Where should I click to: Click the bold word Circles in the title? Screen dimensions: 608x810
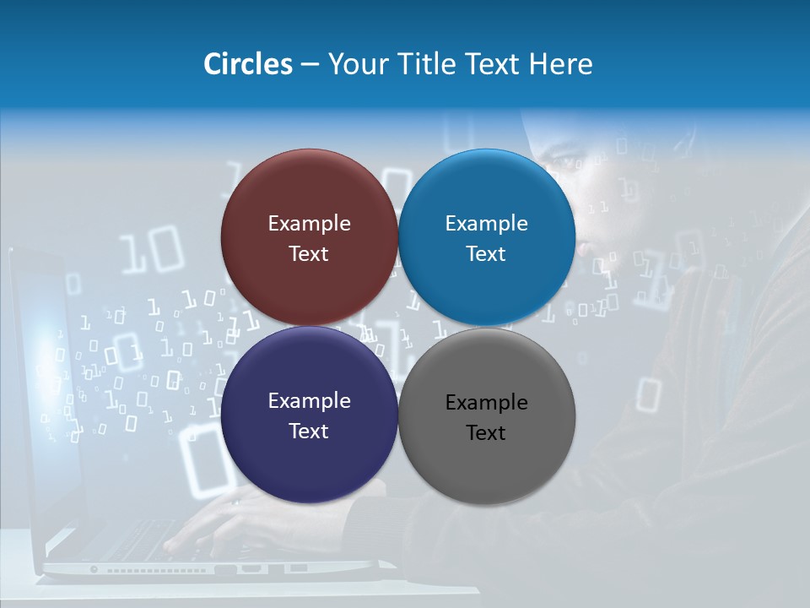coord(248,64)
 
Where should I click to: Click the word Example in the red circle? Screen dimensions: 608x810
coord(309,224)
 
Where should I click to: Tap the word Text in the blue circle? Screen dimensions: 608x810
coord(486,254)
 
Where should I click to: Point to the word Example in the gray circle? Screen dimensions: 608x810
coord(486,403)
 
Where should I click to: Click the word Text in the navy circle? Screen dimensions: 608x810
coord(309,432)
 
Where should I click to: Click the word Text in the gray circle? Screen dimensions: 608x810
coord(486,433)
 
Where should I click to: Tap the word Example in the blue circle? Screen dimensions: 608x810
coord(486,224)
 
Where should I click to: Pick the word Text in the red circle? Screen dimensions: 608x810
coord(309,254)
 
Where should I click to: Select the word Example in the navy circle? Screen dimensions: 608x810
coord(309,401)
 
